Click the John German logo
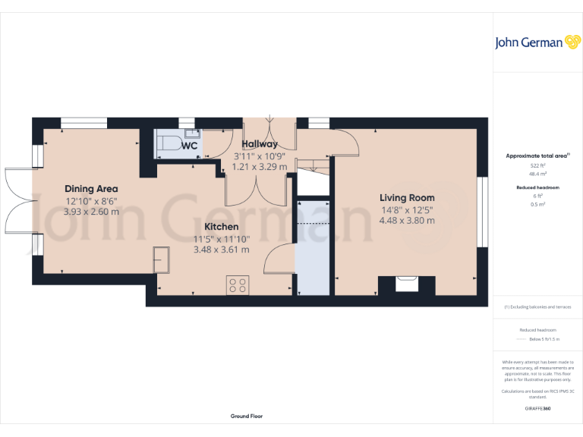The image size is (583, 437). [x=537, y=42]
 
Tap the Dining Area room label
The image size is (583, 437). [x=91, y=189]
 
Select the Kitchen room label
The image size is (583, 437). [x=221, y=227]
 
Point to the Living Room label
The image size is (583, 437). [x=407, y=198]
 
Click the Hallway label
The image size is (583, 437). [x=259, y=144]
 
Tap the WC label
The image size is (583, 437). [x=189, y=145]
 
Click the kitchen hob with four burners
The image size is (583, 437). [x=237, y=285]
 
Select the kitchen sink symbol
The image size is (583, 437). [x=162, y=259]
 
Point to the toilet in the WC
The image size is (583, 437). [x=169, y=143]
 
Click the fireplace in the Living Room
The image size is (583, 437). [x=407, y=285]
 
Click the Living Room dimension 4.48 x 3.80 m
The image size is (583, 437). [x=407, y=221]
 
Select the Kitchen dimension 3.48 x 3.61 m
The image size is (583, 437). [x=221, y=250]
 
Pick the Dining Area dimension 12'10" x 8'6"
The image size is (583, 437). [x=91, y=201]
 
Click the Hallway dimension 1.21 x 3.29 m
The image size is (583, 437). [x=259, y=167]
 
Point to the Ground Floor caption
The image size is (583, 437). [x=247, y=416]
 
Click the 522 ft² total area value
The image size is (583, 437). [x=538, y=165]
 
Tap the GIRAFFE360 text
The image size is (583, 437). [x=538, y=408]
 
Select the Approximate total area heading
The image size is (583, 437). [x=537, y=156]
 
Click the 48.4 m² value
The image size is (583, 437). [x=538, y=174]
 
